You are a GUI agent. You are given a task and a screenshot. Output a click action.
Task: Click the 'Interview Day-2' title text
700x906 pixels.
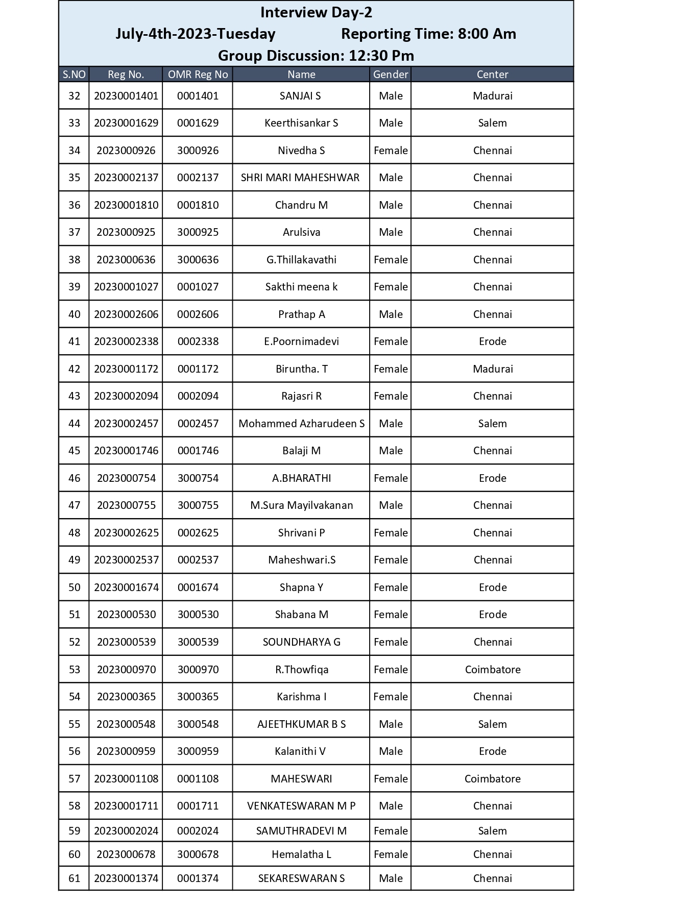tap(316, 12)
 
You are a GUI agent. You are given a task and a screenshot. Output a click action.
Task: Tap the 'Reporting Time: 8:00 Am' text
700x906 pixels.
tap(428, 34)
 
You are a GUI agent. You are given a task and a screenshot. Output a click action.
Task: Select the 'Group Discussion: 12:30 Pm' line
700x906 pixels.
tap(316, 56)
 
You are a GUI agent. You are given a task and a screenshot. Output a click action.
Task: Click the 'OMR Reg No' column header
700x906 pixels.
tap(198, 75)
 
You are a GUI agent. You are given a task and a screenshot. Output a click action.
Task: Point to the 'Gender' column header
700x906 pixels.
tap(391, 75)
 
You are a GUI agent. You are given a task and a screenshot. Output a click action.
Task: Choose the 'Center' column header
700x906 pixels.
tap(492, 75)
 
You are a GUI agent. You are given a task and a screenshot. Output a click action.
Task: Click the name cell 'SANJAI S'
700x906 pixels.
tap(300, 96)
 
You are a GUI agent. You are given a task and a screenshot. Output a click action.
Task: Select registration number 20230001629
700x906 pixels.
tap(126, 123)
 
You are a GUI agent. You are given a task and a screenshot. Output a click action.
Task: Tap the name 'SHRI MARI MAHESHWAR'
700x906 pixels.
tap(300, 178)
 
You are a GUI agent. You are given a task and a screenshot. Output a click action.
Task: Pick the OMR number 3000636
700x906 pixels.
tap(198, 260)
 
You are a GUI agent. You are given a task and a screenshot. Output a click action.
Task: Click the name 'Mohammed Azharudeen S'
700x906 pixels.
tap(301, 424)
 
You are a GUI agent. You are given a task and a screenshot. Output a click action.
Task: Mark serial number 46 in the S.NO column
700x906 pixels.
tap(75, 478)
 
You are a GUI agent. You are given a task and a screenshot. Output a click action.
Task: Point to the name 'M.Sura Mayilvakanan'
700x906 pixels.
tap(301, 505)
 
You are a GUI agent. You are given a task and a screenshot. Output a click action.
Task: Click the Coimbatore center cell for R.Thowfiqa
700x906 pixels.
tap(493, 670)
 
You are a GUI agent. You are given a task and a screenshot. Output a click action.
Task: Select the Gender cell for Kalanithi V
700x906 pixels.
tap(391, 751)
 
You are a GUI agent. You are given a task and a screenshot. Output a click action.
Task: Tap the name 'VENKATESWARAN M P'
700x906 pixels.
tap(301, 806)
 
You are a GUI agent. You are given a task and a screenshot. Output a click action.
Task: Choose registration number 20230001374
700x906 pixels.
tap(126, 878)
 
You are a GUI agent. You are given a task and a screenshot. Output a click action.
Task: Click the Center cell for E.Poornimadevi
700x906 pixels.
tap(493, 341)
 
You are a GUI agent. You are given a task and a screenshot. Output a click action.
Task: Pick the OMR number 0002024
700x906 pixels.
tap(198, 831)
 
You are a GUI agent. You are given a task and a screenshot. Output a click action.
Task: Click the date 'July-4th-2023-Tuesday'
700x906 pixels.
tap(196, 34)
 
